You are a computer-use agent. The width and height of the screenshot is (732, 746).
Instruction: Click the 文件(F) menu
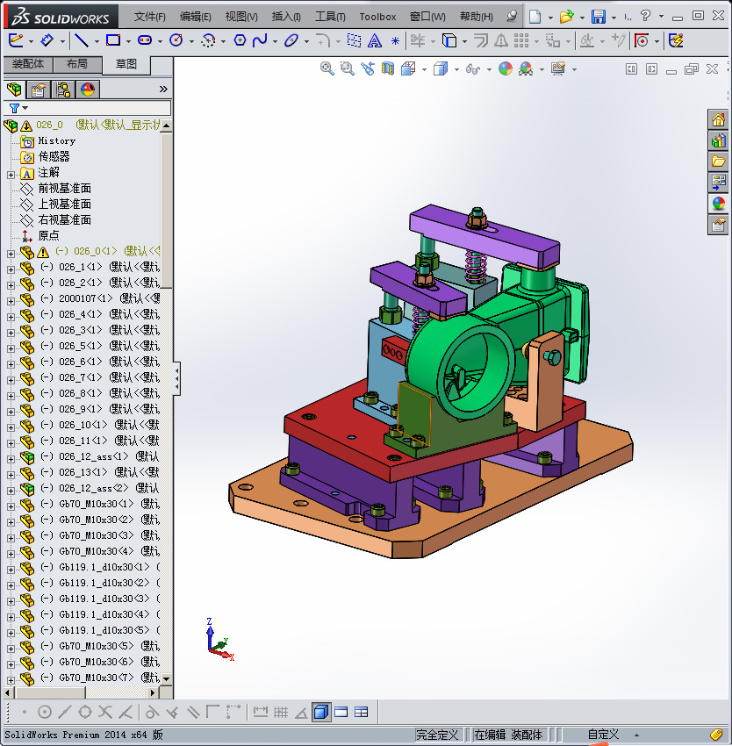pos(149,17)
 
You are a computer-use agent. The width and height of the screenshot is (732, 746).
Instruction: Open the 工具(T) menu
pos(330,17)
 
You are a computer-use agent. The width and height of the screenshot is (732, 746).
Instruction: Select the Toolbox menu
pos(377,17)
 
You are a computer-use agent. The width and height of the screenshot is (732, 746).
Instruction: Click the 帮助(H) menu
pos(476,17)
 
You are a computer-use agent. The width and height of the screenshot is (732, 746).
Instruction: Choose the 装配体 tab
pos(29,64)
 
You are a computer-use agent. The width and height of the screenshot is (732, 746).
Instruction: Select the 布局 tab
pos(77,64)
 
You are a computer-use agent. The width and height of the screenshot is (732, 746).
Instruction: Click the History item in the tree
pos(56,140)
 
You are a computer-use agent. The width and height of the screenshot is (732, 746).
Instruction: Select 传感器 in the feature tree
pos(54,156)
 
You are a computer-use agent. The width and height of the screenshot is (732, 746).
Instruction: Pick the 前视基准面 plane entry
pos(64,188)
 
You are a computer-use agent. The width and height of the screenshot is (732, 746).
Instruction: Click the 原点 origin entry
pos(48,235)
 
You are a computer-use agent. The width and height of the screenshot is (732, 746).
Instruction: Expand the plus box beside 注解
pos(11,173)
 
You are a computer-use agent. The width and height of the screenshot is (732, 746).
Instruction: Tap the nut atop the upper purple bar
pos(478,218)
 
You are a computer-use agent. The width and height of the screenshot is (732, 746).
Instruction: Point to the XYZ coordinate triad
pos(216,639)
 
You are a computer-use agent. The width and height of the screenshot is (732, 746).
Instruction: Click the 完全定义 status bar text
pos(437,735)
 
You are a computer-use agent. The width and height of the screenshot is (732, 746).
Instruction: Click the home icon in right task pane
pos(718,120)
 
